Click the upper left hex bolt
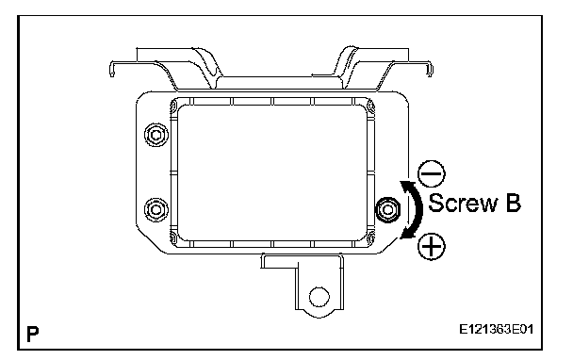coord(156,135)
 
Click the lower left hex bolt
coord(156,210)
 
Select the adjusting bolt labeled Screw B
coord(388,209)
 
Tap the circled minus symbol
coord(432,173)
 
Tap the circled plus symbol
coord(432,246)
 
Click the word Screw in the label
coord(463,203)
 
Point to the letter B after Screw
coord(513,203)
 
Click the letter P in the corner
coord(33,334)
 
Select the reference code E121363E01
coord(497,330)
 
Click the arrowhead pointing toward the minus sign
coord(406,186)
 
